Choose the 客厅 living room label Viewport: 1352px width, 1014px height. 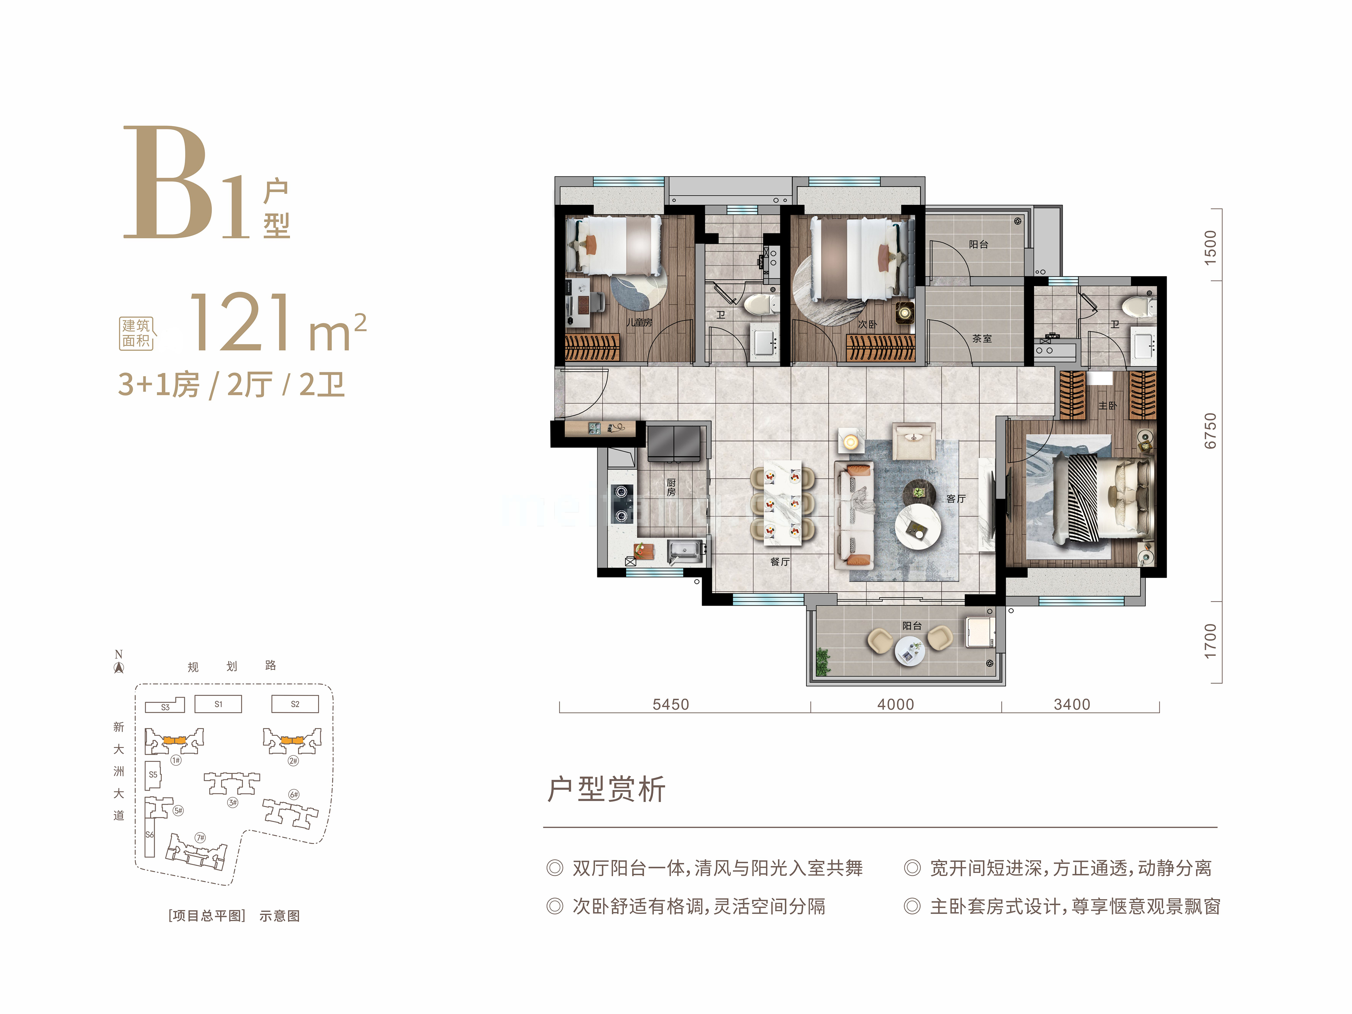tap(956, 499)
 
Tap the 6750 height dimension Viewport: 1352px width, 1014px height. tap(1210, 431)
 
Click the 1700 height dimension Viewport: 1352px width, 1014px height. tap(1210, 642)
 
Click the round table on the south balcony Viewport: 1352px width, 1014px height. tap(910, 650)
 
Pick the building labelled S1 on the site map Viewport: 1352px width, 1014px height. tap(218, 704)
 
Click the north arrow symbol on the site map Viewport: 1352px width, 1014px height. tap(119, 668)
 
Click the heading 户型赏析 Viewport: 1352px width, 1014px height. tap(606, 789)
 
